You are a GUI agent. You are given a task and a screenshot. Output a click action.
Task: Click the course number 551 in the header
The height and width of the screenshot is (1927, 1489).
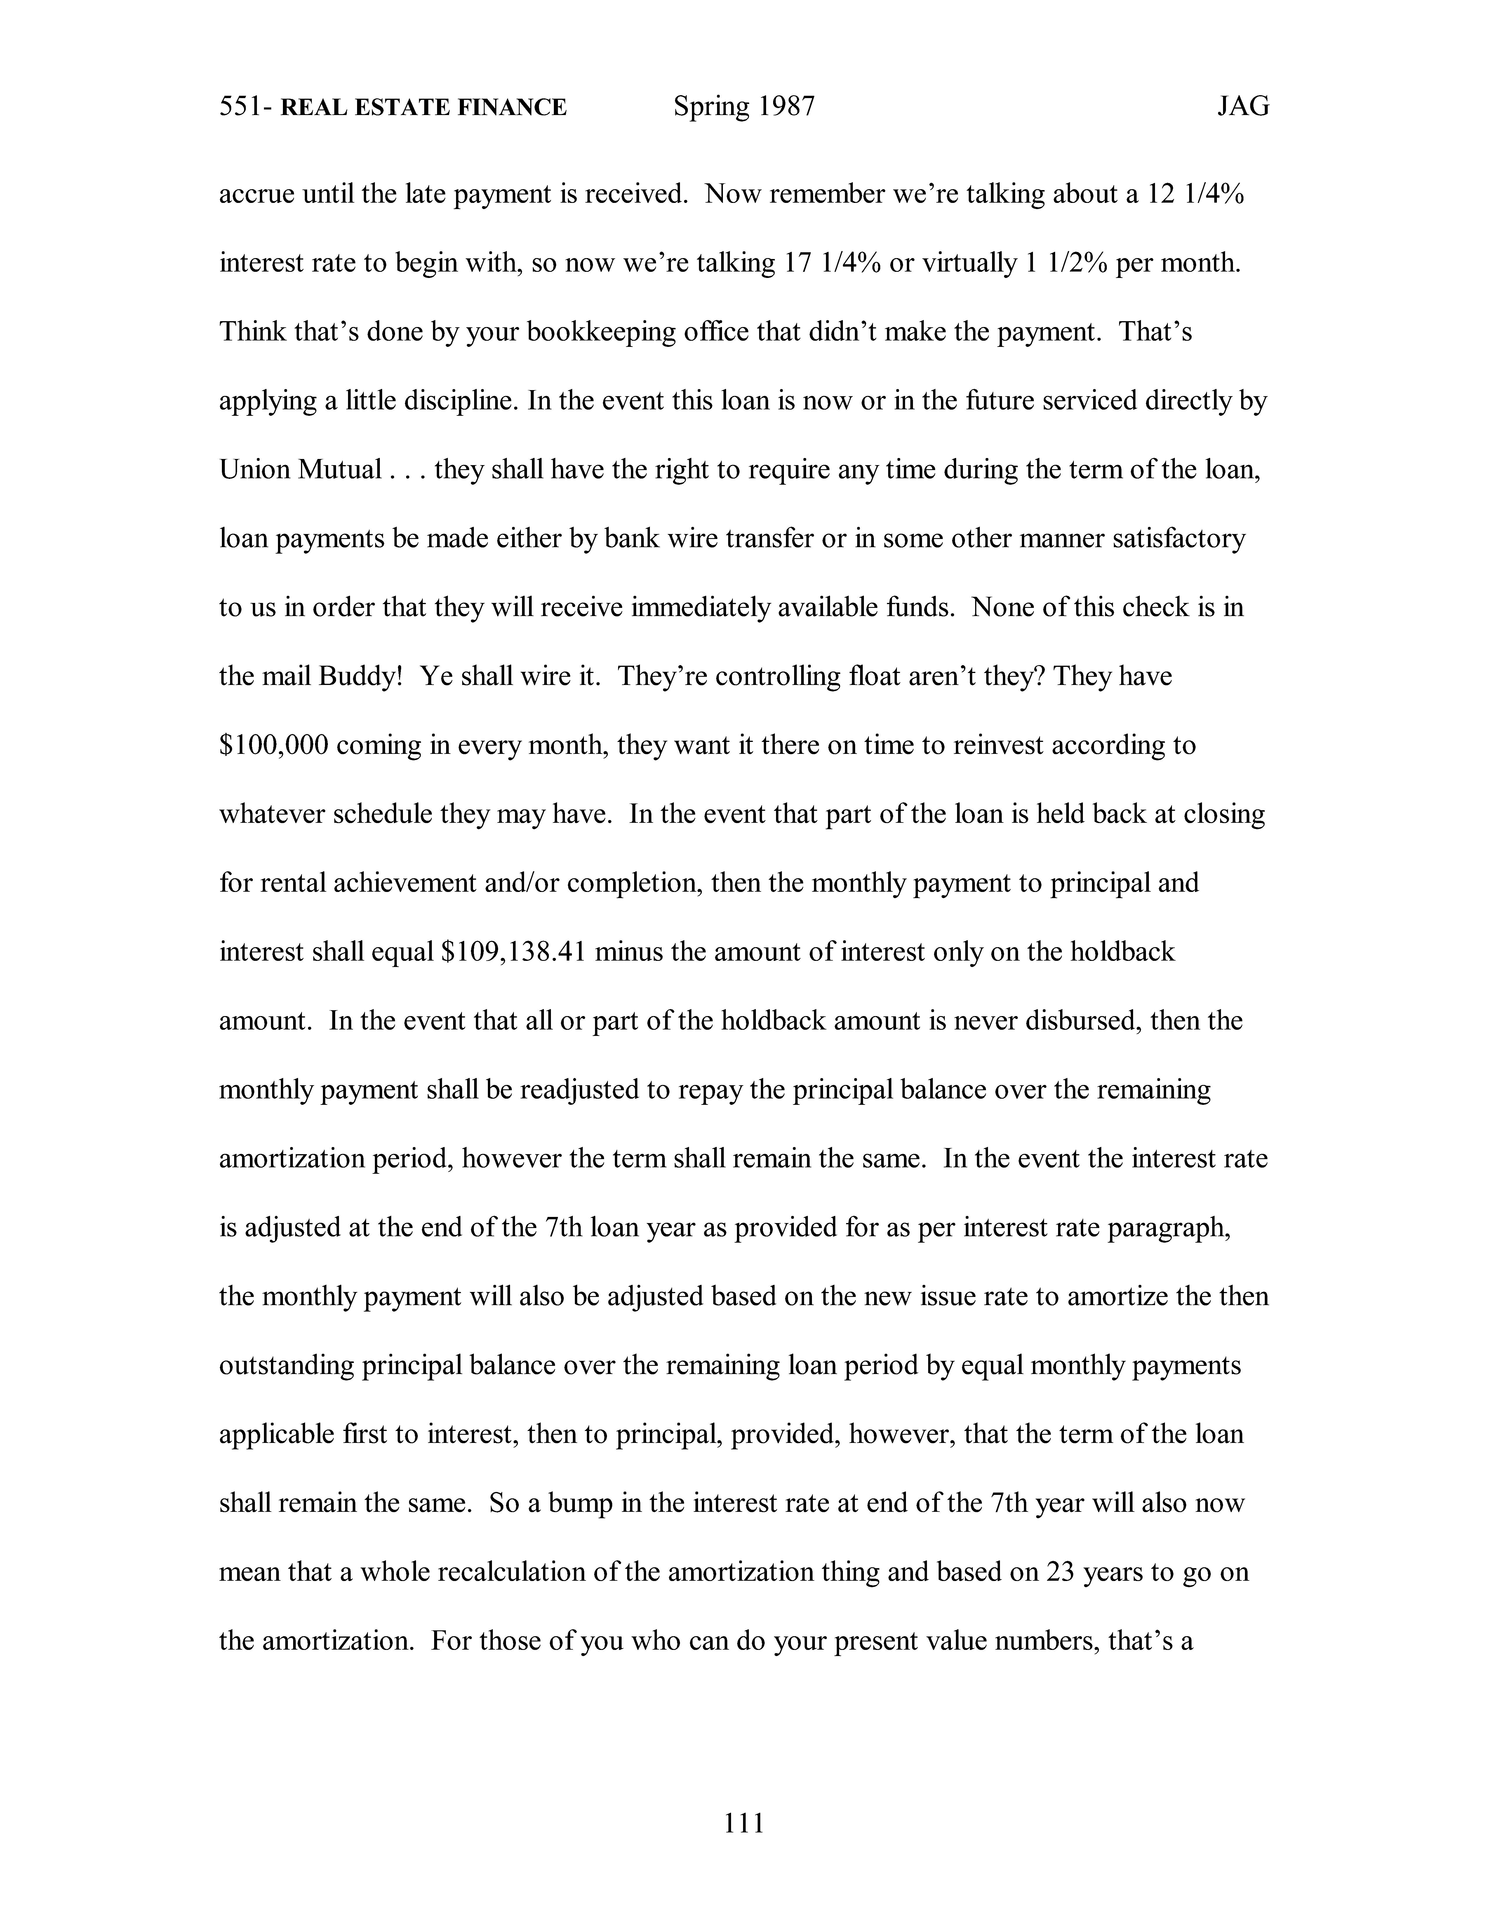point(239,107)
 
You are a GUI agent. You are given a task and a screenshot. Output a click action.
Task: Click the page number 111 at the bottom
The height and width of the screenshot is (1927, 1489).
point(744,1822)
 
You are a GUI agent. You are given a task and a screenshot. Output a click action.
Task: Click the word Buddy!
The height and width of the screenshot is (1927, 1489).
point(360,677)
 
